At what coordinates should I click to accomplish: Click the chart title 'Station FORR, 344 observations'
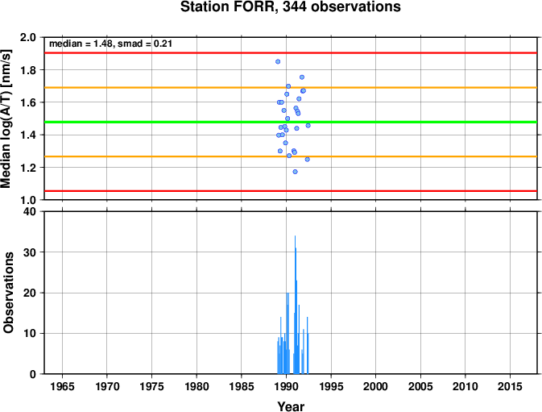point(291,6)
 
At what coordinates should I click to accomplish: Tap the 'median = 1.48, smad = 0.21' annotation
point(110,44)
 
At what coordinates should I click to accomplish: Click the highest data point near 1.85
point(278,61)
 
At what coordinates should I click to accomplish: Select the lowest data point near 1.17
point(295,172)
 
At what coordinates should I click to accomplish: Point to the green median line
point(291,122)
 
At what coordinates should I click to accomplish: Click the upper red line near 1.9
point(291,53)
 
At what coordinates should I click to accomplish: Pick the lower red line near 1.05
point(291,190)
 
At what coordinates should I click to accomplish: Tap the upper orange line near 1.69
point(291,88)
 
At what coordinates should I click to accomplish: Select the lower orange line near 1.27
point(291,156)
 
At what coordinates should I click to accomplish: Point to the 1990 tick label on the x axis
point(286,386)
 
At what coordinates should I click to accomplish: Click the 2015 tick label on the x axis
point(510,386)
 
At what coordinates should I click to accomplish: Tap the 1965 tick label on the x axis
point(62,386)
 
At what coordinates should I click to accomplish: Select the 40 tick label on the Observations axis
point(30,211)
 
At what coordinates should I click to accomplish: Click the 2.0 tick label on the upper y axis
point(28,37)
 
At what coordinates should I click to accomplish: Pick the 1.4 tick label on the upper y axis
point(28,135)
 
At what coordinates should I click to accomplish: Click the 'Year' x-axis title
point(291,406)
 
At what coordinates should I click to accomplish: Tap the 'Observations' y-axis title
point(8,293)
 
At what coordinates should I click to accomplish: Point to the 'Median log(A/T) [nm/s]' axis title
point(6,119)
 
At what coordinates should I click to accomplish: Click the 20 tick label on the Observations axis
point(30,293)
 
